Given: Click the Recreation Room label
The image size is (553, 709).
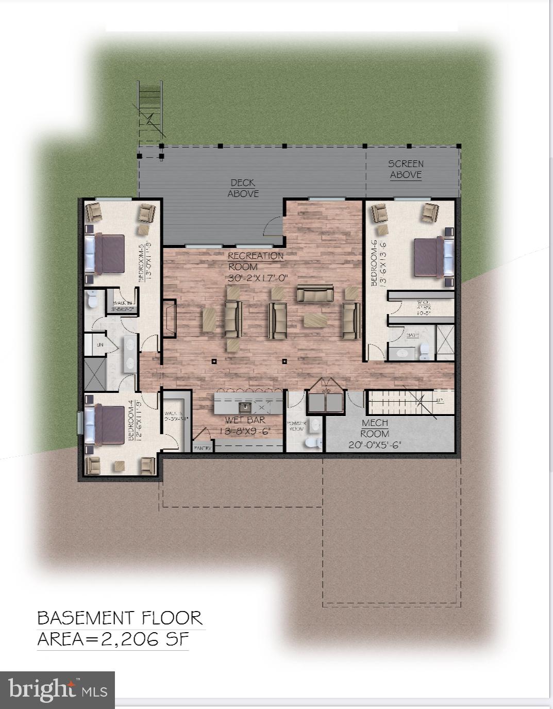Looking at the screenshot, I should (256, 261).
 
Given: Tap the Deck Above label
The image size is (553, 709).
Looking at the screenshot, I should (243, 188).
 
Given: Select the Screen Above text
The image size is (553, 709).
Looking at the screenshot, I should (406, 169).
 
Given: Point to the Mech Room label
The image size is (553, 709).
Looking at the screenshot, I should (375, 428).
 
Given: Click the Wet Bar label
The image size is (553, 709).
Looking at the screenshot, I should (245, 420).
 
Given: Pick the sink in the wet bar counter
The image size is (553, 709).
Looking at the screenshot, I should (246, 407).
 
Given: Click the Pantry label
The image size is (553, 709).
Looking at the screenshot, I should (203, 448).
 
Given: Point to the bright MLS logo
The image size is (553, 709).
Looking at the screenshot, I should (57, 690).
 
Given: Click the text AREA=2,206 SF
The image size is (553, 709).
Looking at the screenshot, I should (113, 639).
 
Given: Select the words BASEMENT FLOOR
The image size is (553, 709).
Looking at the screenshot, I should (120, 618).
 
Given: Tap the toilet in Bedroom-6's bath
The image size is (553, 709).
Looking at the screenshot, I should (424, 351).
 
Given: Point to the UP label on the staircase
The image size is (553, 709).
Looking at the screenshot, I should (439, 400).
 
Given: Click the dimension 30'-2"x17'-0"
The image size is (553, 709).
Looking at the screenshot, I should (257, 278).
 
